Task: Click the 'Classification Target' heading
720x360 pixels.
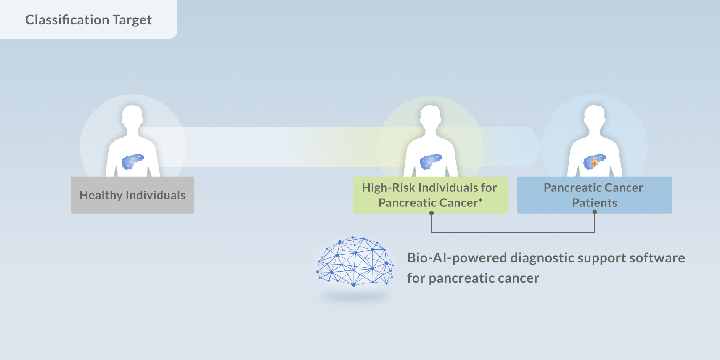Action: tap(88, 20)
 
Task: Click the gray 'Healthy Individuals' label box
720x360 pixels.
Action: tap(132, 195)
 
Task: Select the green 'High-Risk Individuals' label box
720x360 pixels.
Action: tap(430, 195)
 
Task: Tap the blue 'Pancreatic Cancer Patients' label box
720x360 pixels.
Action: tap(594, 195)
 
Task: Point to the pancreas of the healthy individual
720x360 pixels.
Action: tap(132, 161)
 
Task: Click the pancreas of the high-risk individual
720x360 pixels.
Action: tap(431, 161)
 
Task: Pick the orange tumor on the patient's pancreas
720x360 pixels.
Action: tap(595, 163)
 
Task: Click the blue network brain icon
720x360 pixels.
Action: tap(355, 261)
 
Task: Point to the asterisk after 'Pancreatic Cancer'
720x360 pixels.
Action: tap(481, 200)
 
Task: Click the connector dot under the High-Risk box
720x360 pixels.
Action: tap(431, 213)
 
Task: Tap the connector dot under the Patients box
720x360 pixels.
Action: tap(595, 212)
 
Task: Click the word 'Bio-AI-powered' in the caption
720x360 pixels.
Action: tap(457, 258)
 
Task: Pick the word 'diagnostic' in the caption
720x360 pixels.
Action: tap(542, 258)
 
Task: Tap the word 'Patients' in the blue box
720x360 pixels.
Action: tap(594, 203)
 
